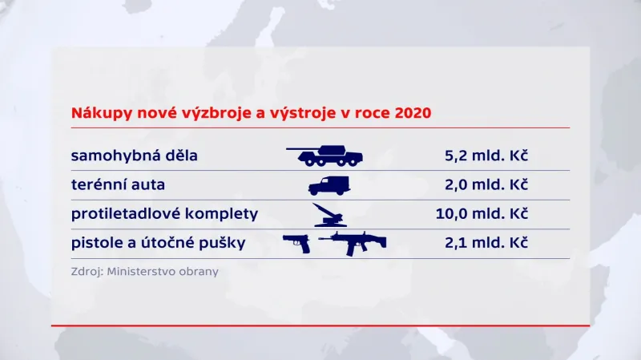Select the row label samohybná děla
pyautogui.click(x=134, y=155)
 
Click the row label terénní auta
pyautogui.click(x=117, y=184)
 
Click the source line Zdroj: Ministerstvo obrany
pyautogui.click(x=144, y=271)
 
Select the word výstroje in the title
pyautogui.click(x=307, y=113)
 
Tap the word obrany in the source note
pyautogui.click(x=200, y=271)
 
